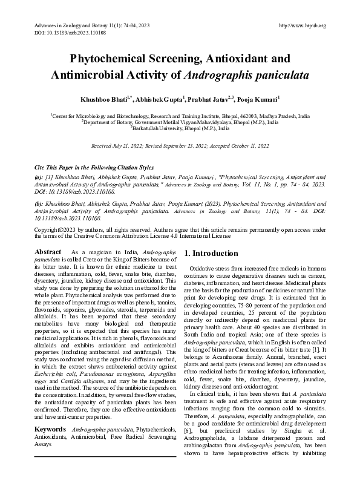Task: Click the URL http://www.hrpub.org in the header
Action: [x=301, y=25]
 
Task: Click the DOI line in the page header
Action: [x=59, y=33]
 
